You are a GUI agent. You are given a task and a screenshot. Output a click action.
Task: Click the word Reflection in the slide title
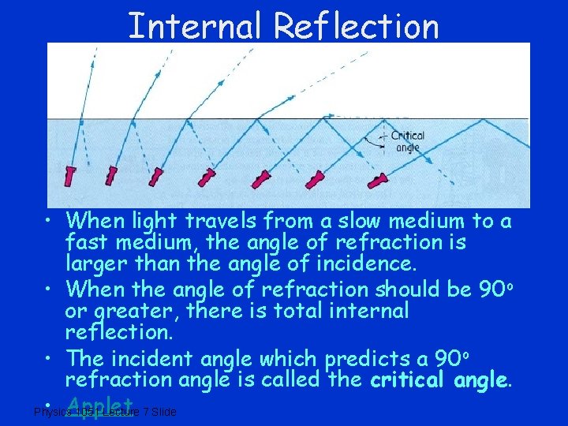click(x=356, y=26)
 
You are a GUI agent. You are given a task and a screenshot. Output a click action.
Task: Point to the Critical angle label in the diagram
click(x=408, y=140)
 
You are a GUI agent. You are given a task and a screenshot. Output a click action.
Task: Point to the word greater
click(x=144, y=312)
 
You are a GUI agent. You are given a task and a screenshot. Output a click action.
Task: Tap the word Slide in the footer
click(x=164, y=412)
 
